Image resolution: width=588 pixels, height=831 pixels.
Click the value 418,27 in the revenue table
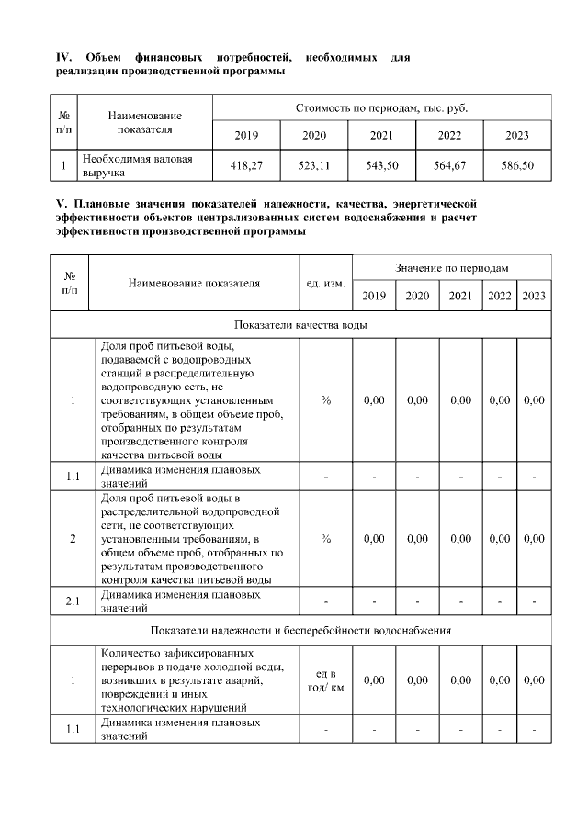pyautogui.click(x=246, y=165)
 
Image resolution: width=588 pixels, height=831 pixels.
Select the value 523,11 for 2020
pyautogui.click(x=314, y=165)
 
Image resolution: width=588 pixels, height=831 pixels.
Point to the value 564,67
pyautogui.click(x=449, y=165)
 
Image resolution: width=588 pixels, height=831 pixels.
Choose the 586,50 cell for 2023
pyautogui.click(x=517, y=165)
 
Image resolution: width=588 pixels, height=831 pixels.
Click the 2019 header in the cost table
pyautogui.click(x=246, y=136)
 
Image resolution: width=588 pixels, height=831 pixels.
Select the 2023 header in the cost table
pyautogui.click(x=517, y=136)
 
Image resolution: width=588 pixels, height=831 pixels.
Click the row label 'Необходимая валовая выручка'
pyautogui.click(x=138, y=165)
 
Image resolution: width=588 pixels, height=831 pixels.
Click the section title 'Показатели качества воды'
pyautogui.click(x=301, y=325)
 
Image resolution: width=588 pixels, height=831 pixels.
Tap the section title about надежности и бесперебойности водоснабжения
pyautogui.click(x=301, y=631)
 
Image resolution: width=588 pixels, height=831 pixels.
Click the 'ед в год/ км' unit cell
pyautogui.click(x=325, y=680)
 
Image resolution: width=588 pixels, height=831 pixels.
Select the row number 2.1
pyautogui.click(x=73, y=601)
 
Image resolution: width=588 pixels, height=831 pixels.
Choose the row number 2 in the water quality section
pyautogui.click(x=73, y=539)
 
